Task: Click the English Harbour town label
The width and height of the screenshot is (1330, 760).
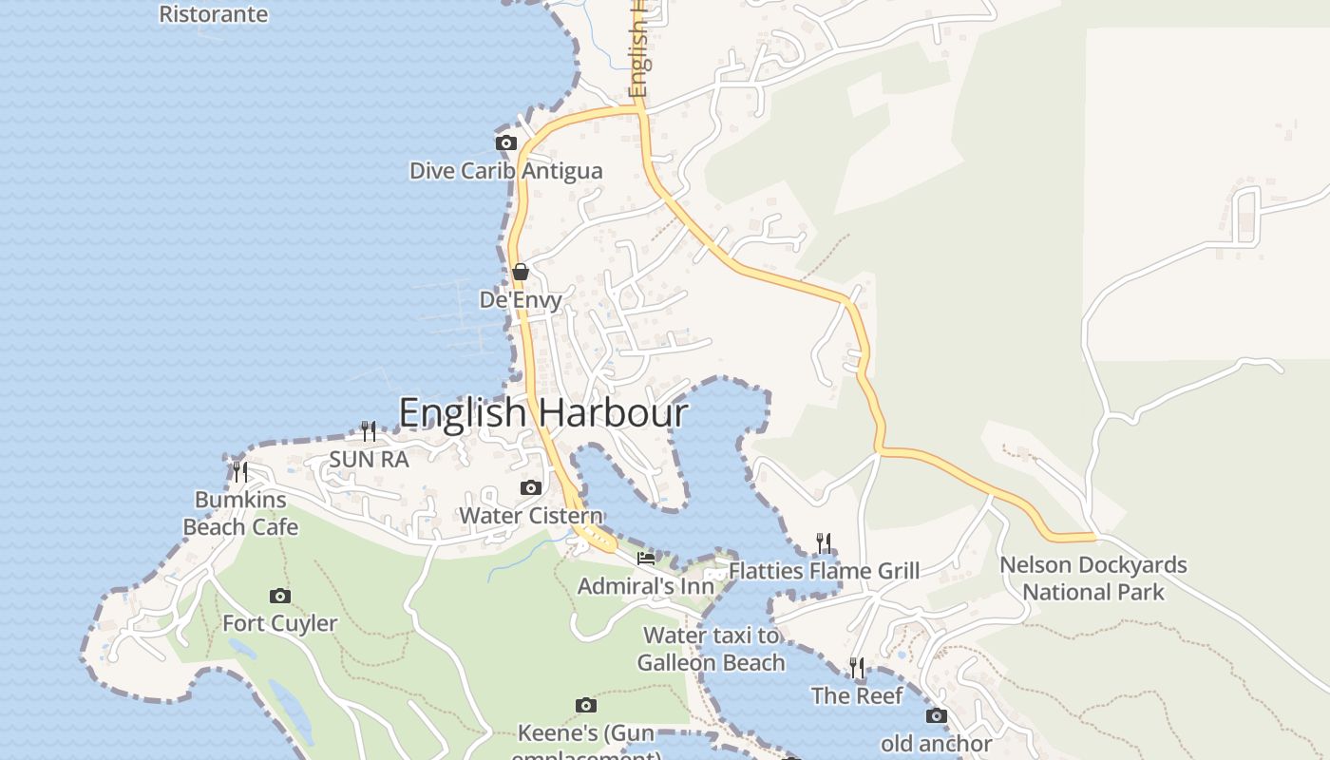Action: (x=543, y=413)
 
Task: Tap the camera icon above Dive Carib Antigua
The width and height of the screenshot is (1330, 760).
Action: (x=506, y=143)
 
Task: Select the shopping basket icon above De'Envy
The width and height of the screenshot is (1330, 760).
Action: (x=520, y=272)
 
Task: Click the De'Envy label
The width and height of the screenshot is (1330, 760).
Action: (x=521, y=300)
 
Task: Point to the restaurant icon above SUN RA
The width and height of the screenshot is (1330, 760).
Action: (x=369, y=431)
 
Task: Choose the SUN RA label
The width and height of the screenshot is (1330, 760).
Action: (x=369, y=460)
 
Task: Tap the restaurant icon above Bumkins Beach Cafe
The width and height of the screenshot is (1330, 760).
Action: (x=240, y=471)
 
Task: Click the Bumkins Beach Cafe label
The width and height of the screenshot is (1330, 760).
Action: (x=240, y=514)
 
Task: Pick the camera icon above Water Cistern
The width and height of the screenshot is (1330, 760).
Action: (x=531, y=488)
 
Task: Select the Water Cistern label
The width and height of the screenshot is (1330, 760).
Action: (x=531, y=516)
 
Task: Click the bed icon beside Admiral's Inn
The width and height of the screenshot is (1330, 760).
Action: (x=646, y=559)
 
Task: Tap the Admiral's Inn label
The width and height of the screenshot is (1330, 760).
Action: (x=645, y=586)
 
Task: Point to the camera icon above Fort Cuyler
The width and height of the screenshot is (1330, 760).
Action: (x=280, y=597)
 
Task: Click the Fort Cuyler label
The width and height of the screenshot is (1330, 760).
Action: (x=280, y=624)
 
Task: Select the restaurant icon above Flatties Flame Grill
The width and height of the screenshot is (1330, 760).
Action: (x=824, y=543)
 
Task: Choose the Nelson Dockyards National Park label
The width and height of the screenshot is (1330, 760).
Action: (x=1093, y=579)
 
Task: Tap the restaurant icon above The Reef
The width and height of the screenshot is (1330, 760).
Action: (x=857, y=668)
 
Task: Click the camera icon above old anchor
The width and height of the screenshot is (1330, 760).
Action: (x=937, y=716)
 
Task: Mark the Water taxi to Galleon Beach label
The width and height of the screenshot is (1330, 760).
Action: (x=712, y=649)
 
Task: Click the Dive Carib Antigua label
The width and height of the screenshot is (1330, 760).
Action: (x=505, y=171)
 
